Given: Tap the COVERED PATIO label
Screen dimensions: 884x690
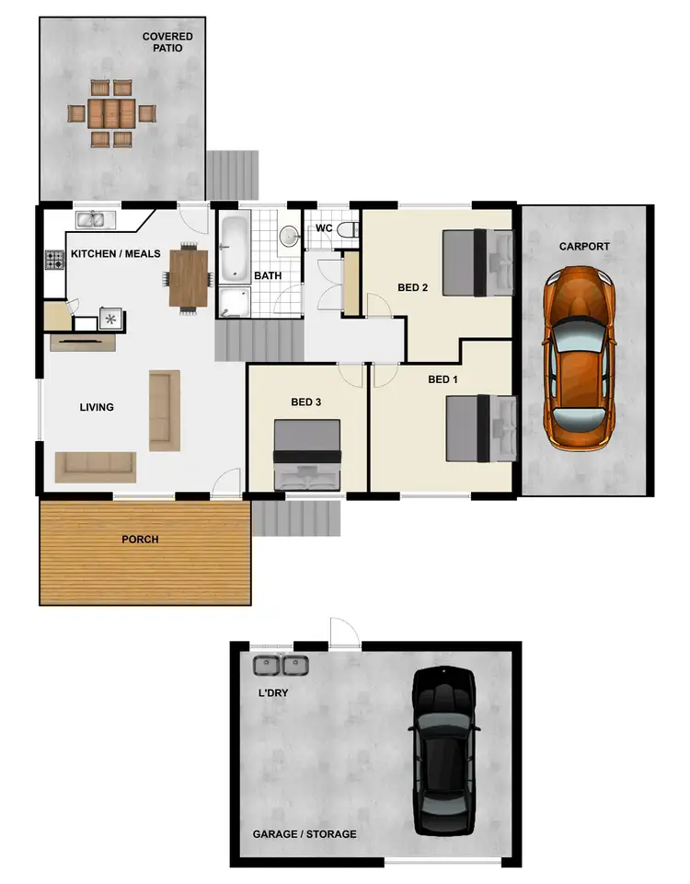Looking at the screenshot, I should (x=167, y=42).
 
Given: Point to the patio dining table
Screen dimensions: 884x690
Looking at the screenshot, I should (x=112, y=113).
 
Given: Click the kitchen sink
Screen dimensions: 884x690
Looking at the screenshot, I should (x=95, y=220).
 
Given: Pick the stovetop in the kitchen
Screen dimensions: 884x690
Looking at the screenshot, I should (x=53, y=261).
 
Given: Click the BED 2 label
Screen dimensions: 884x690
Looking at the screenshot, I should (x=413, y=287).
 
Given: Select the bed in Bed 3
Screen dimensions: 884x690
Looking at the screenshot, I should (x=307, y=456).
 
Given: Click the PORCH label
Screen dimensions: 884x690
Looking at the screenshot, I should (x=140, y=540).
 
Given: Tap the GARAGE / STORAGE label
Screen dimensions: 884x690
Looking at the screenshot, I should (x=305, y=834).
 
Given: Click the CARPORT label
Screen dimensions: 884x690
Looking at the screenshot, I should (x=584, y=247).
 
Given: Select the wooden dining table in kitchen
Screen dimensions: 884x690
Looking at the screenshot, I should (x=190, y=276).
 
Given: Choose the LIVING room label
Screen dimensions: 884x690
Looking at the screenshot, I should (x=97, y=407).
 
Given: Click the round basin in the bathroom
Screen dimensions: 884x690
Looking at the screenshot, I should (x=289, y=237).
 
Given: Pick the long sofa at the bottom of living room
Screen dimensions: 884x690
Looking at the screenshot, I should (x=95, y=466).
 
